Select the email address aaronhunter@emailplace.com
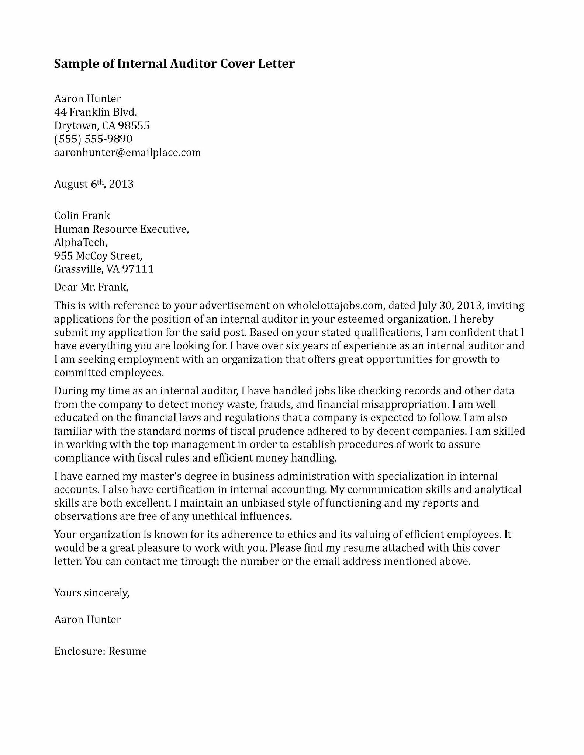click(x=127, y=152)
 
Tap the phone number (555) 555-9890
click(x=93, y=139)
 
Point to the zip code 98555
click(x=134, y=126)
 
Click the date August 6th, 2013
click(x=94, y=184)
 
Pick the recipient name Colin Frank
click(x=82, y=215)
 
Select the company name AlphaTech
click(x=80, y=242)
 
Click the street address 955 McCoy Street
click(x=98, y=255)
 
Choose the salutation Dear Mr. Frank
click(x=91, y=287)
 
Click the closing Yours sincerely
click(x=91, y=593)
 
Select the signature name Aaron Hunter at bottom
click(x=87, y=619)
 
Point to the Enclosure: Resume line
click(x=100, y=651)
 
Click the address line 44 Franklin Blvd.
click(x=96, y=112)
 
